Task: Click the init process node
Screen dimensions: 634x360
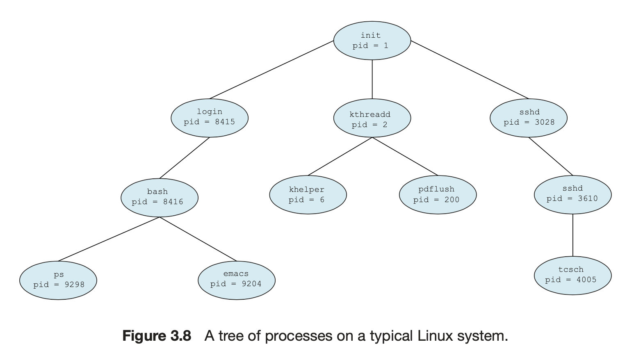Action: [x=372, y=41]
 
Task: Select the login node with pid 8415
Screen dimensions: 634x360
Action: [x=210, y=118]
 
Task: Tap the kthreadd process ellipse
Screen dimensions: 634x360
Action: [x=372, y=118]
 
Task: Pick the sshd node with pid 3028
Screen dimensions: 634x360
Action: [x=529, y=118]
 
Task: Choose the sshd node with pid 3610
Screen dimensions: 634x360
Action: [x=572, y=195]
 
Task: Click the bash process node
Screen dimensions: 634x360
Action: [x=160, y=198]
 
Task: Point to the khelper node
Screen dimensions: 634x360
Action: [x=308, y=195]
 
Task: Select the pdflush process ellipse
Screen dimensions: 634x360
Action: [x=438, y=195]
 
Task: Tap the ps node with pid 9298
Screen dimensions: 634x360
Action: [x=58, y=280]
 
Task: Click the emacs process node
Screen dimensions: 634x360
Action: [x=236, y=280]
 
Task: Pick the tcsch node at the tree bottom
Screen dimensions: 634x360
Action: [x=572, y=276]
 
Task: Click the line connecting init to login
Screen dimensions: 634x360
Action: [x=271, y=70]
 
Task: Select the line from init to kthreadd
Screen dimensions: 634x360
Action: [x=372, y=79]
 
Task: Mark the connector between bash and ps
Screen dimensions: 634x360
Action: [x=109, y=239]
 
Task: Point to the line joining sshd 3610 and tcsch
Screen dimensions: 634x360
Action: [x=572, y=235]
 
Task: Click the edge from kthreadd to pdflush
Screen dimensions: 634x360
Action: [x=405, y=156]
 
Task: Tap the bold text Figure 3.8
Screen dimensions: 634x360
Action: [x=157, y=336]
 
